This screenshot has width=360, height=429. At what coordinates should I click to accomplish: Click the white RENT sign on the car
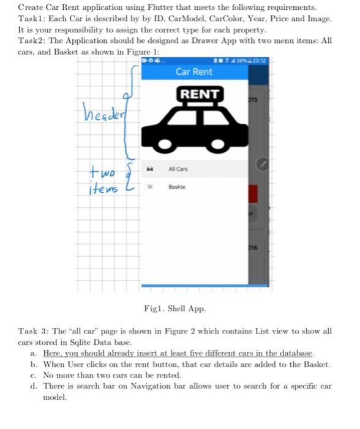198,94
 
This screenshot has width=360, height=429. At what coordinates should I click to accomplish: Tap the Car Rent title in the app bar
194,72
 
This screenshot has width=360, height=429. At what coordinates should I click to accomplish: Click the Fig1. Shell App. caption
174,308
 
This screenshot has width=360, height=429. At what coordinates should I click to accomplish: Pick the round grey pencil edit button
262,164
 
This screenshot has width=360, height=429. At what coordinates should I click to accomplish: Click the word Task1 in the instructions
31,18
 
